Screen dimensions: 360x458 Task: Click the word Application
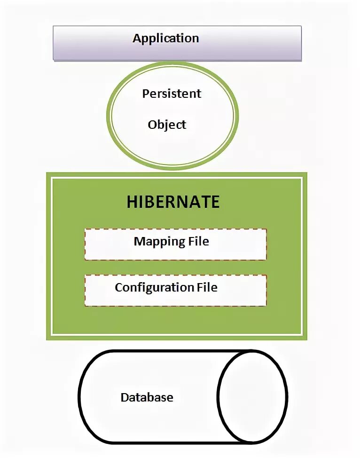click(x=165, y=38)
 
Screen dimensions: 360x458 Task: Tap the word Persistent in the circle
click(x=172, y=93)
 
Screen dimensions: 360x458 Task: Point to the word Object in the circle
click(x=167, y=125)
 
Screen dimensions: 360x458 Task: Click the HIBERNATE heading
click(x=173, y=202)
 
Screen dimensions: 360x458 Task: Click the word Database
click(x=147, y=397)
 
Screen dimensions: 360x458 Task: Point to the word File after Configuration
click(x=207, y=287)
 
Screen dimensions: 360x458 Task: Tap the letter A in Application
click(x=137, y=38)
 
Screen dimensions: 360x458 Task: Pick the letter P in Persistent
click(x=146, y=93)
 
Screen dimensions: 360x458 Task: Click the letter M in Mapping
click(x=139, y=241)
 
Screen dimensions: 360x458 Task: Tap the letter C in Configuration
click(x=119, y=287)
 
